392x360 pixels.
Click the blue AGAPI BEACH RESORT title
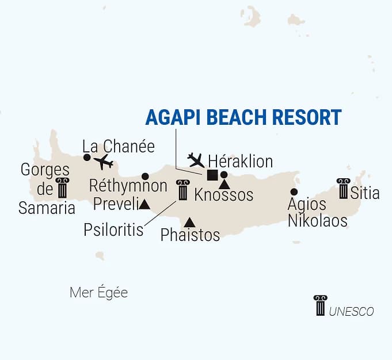[x=243, y=117]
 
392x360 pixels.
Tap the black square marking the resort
[x=212, y=175]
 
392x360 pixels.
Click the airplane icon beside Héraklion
[x=196, y=159]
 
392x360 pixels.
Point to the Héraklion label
[x=240, y=160]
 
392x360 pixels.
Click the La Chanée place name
[x=119, y=147]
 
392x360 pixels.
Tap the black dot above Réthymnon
[x=145, y=176]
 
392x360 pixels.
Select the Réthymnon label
[x=128, y=186]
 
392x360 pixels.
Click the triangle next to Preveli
[x=144, y=204]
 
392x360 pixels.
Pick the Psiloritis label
[x=113, y=229]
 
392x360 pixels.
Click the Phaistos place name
[x=191, y=235]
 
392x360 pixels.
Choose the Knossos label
[x=224, y=195]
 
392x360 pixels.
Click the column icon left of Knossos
[x=183, y=190]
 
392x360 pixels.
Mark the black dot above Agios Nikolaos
[x=294, y=192]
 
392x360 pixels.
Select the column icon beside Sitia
[x=344, y=189]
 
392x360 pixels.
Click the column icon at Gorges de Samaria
[x=62, y=188]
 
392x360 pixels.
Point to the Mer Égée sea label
[x=98, y=293]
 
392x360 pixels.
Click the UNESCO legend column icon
[x=320, y=305]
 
